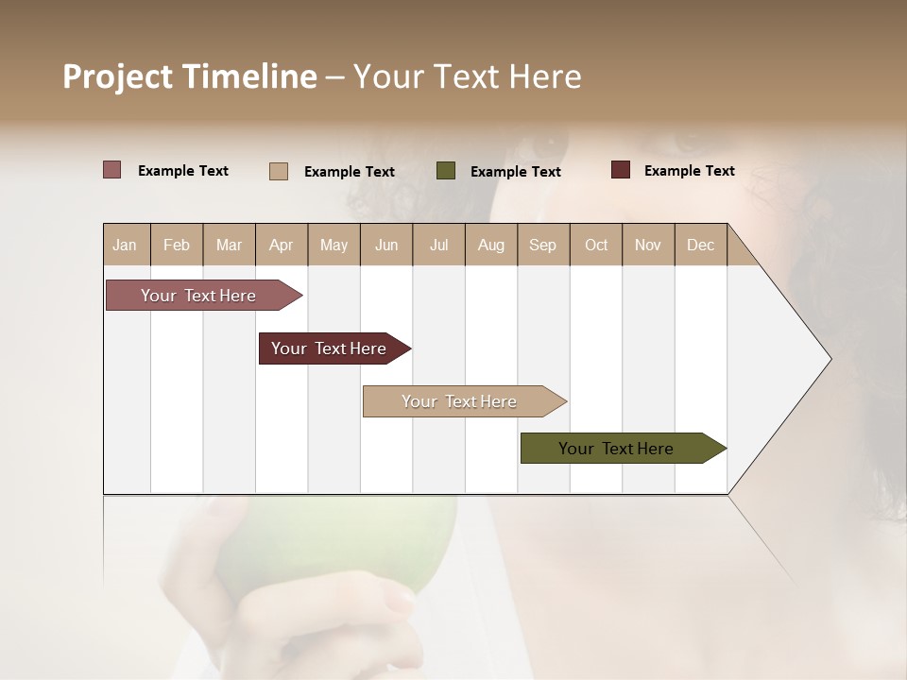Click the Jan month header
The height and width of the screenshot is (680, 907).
click(125, 245)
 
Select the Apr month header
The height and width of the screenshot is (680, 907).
click(281, 245)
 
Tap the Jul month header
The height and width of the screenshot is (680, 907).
click(438, 245)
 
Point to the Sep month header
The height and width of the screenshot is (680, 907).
click(542, 245)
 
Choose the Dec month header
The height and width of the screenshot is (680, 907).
click(700, 245)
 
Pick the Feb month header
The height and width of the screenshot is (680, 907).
click(177, 245)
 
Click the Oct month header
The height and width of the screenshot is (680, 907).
click(596, 245)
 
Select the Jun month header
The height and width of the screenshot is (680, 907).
click(386, 245)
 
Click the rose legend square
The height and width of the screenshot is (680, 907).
click(111, 170)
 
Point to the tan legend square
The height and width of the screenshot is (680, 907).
click(278, 171)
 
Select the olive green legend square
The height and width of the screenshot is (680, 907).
click(446, 171)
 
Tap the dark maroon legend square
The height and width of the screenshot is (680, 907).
click(620, 170)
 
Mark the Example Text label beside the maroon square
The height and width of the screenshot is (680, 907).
click(689, 171)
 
